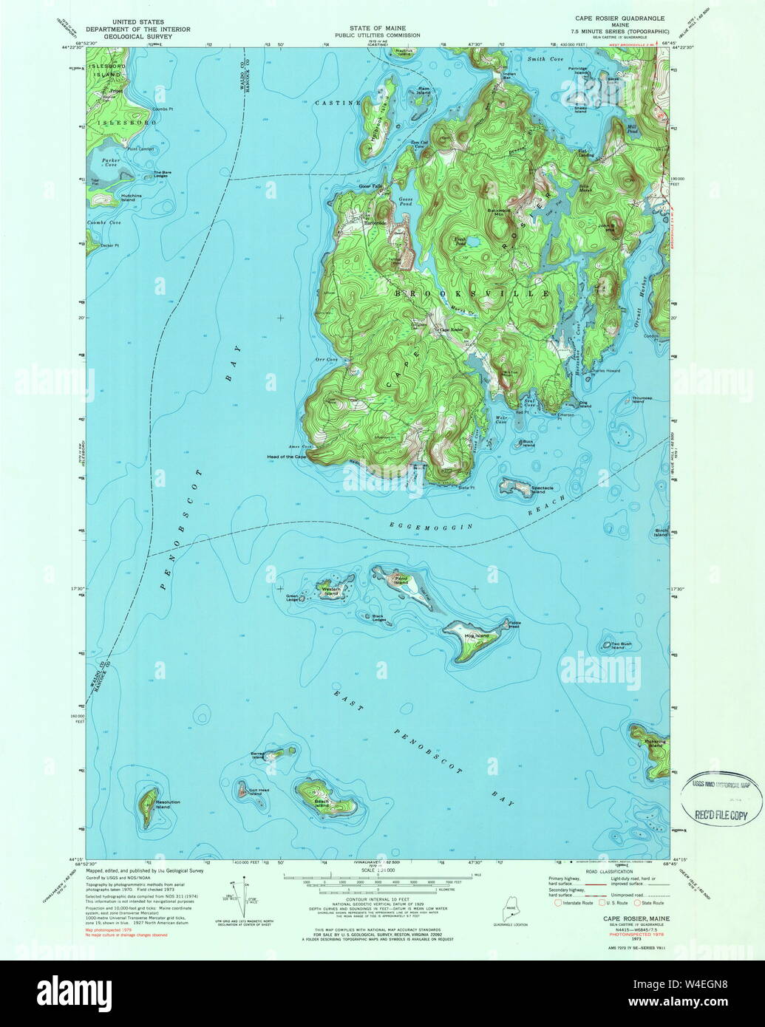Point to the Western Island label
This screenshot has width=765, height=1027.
coord(330,591)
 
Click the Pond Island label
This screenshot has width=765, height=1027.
coord(401,580)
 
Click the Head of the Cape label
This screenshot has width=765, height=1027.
coord(287,457)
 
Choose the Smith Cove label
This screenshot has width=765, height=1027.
coord(545,58)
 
